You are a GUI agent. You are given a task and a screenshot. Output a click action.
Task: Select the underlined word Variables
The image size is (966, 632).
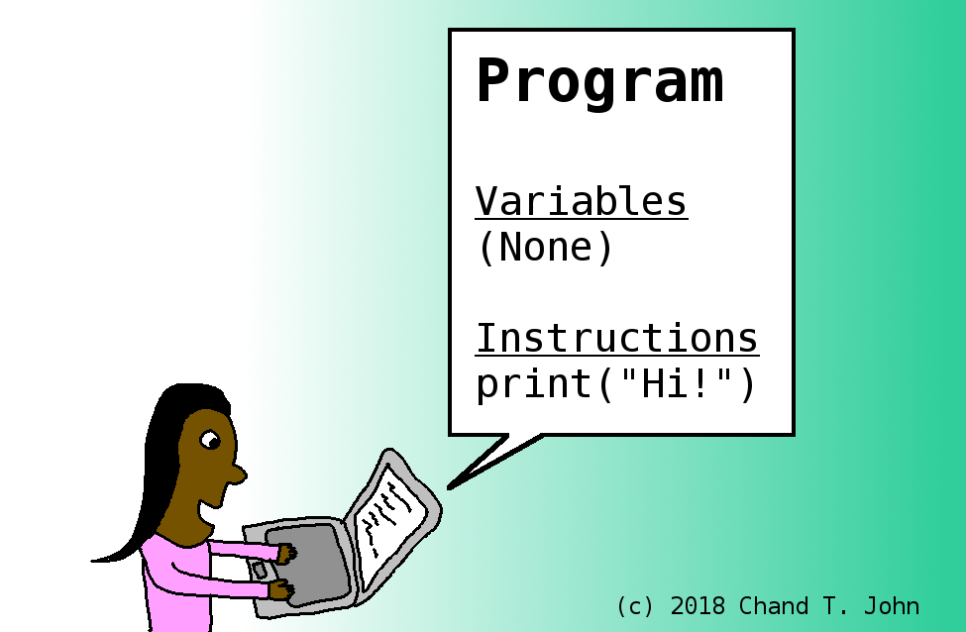point(581,201)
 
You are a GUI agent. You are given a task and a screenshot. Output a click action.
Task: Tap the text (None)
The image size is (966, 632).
point(545,248)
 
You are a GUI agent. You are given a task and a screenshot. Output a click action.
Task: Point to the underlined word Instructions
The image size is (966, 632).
point(617,338)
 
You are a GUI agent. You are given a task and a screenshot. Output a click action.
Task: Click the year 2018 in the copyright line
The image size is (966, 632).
point(698,606)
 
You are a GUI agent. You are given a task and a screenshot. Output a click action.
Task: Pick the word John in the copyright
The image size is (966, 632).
point(892,606)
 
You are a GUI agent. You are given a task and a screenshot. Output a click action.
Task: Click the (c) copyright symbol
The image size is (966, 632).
point(635,606)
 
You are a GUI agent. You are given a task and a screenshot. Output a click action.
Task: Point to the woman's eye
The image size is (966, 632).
point(210,440)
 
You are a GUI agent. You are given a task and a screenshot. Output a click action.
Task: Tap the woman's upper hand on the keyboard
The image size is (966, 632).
point(286,553)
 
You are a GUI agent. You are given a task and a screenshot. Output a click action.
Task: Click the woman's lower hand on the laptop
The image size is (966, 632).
point(282,590)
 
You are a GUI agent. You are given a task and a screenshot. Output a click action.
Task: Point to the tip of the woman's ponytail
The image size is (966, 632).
point(93,561)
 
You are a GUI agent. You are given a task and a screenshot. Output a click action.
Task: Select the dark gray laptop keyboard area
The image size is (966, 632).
point(305,565)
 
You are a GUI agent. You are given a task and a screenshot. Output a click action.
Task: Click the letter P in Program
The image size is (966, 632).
point(492,80)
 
